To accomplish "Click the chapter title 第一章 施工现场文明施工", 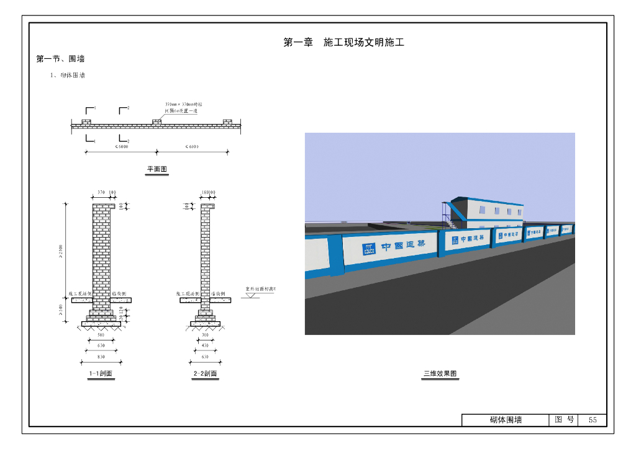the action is pyautogui.click(x=343, y=43).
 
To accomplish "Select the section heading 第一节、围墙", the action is pyautogui.click(x=60, y=59).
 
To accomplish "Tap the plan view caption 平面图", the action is pyautogui.click(x=157, y=169).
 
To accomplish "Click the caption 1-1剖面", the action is pyautogui.click(x=101, y=374).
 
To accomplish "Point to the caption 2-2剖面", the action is pyautogui.click(x=205, y=374).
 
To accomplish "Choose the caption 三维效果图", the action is pyautogui.click(x=440, y=374).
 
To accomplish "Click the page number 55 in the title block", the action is pyautogui.click(x=593, y=420).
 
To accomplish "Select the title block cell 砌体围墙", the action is pyautogui.click(x=506, y=420).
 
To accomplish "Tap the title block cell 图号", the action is pyautogui.click(x=564, y=420).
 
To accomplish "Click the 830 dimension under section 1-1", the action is pyautogui.click(x=101, y=357).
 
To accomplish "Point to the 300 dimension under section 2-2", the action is pyautogui.click(x=205, y=335).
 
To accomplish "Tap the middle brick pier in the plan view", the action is pyautogui.click(x=157, y=122).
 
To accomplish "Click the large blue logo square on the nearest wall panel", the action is pyautogui.click(x=369, y=249).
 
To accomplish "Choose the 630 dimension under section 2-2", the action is pyautogui.click(x=205, y=357).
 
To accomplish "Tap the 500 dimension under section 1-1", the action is pyautogui.click(x=101, y=335).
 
